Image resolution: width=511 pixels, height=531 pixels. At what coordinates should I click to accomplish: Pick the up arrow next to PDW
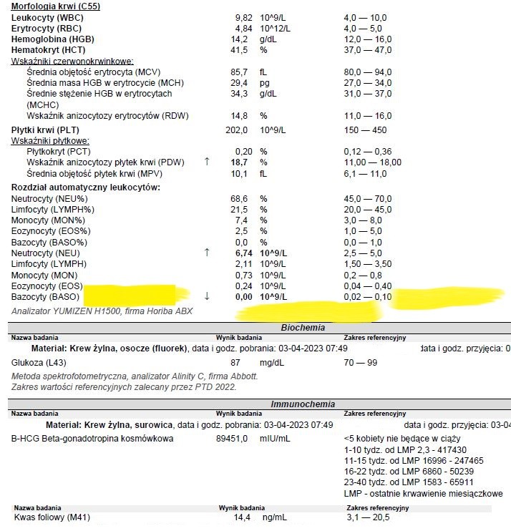tap(208, 162)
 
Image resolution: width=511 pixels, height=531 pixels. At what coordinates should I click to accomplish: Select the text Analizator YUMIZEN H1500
tap(67, 311)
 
